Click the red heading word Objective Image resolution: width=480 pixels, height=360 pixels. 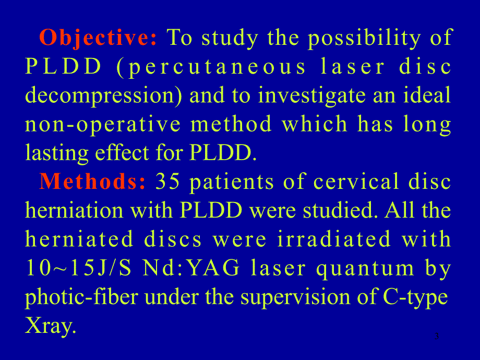tap(98, 38)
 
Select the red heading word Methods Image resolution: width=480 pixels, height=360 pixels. tap(92, 181)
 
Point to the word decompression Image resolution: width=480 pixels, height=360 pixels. tap(103, 95)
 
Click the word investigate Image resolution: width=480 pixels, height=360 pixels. tap(312, 95)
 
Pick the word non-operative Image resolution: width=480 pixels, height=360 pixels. tap(103, 125)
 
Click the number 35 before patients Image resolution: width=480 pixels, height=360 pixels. tap(167, 181)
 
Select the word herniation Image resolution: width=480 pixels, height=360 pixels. tap(74, 210)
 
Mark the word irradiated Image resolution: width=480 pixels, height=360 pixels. tap(334, 239)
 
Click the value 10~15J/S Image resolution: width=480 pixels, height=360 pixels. tap(78, 268)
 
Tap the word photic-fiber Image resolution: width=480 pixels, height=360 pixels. tap(81, 297)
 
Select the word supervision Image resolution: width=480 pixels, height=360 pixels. tap(295, 297)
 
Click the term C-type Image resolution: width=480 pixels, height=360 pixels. tap(415, 297)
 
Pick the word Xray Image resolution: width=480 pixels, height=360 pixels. tap(50, 326)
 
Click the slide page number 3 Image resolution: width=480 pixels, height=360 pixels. tap(437, 336)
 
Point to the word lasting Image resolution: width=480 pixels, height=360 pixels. tap(57, 153)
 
